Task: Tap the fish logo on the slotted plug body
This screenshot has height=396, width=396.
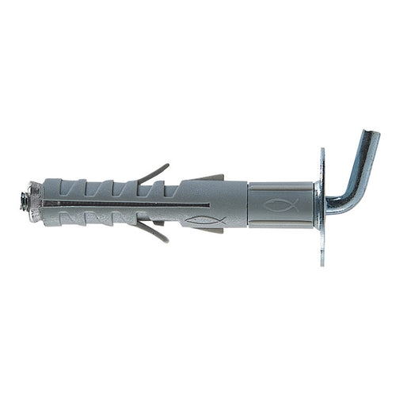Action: click(204, 219)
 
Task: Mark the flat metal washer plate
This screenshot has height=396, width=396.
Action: click(322, 206)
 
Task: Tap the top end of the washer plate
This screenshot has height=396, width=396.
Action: click(322, 152)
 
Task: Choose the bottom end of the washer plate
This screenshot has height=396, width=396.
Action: click(322, 261)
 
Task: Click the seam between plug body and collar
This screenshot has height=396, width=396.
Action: click(248, 204)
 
